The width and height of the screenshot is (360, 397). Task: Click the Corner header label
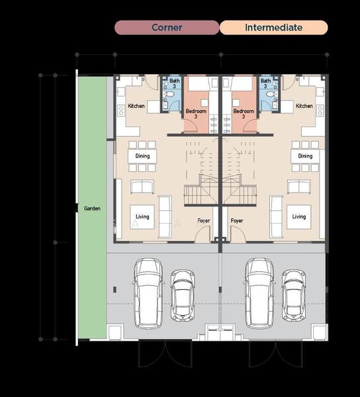[x=167, y=27]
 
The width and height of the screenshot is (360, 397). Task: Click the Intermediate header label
[x=274, y=27]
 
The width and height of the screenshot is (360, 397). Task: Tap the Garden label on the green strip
[x=92, y=208]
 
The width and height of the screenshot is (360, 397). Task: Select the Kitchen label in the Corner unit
[x=136, y=106]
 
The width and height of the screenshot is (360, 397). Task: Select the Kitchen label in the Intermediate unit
[x=304, y=106]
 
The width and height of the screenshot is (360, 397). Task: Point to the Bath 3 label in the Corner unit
[x=174, y=83]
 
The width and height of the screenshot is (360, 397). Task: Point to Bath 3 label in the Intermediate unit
[x=265, y=83]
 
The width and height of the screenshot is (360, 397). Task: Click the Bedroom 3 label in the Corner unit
[x=196, y=114]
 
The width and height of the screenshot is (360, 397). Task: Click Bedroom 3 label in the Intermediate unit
[x=244, y=114]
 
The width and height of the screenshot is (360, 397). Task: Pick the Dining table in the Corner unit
[x=142, y=156]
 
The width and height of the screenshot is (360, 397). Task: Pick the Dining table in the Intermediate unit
[x=305, y=156]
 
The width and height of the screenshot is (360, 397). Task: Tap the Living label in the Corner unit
[x=142, y=216]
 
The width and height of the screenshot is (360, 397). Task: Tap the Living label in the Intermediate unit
[x=299, y=216]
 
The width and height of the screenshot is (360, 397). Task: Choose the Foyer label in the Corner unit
[x=204, y=220]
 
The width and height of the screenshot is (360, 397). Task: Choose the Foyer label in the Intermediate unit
[x=237, y=220]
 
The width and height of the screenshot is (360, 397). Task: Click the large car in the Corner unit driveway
[x=148, y=293]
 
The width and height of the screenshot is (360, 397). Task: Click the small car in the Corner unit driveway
[x=183, y=296]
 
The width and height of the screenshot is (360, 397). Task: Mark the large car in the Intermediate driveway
[x=259, y=293]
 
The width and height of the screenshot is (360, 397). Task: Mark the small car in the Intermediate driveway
[x=294, y=296]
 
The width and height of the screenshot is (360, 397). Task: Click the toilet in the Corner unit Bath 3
[x=169, y=95]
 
